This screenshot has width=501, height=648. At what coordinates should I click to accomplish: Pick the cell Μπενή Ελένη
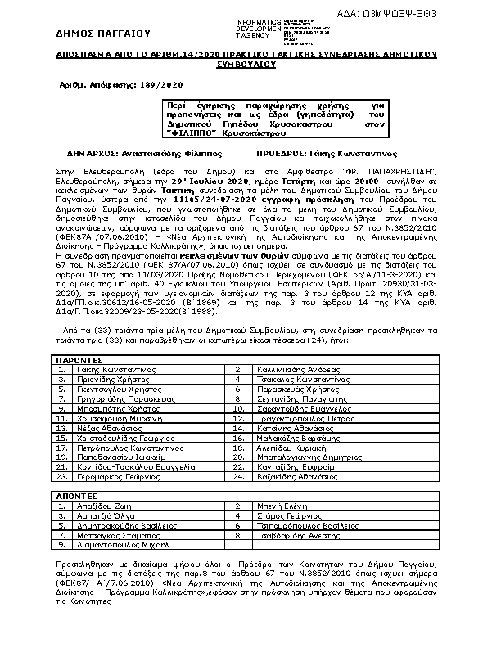279,506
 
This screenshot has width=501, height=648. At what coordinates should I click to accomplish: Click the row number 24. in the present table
238,475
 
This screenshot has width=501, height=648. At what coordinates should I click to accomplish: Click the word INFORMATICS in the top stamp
257,20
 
